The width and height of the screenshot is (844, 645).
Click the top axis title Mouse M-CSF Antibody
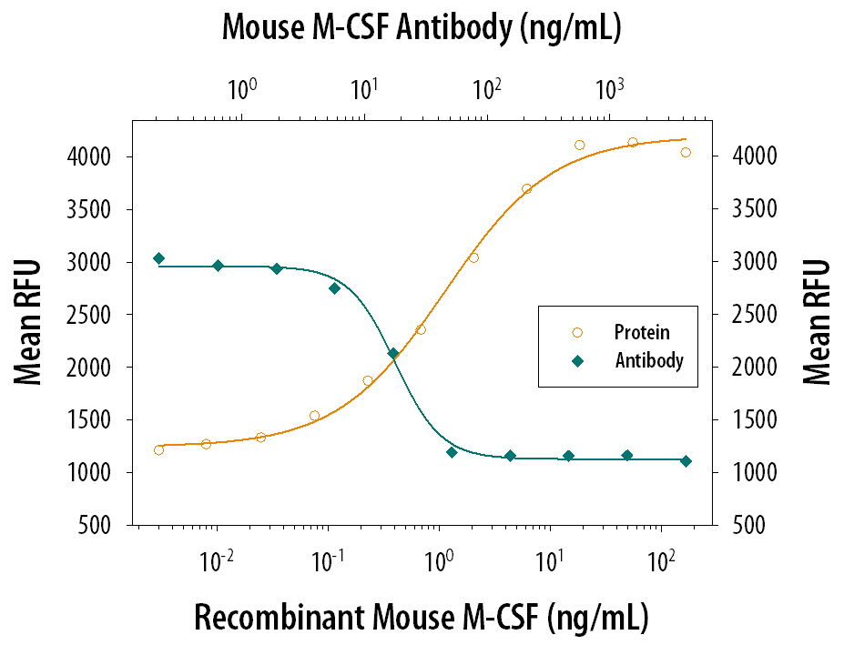point(421,30)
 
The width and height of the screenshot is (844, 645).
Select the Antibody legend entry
point(648,360)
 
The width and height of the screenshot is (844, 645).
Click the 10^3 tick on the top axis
point(609,89)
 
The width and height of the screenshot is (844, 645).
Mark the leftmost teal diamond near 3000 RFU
point(158,258)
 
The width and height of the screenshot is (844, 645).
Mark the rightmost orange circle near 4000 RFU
point(686,152)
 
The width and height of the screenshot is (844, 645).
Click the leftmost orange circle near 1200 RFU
point(158,449)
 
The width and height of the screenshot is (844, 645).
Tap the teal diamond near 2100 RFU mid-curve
point(393,353)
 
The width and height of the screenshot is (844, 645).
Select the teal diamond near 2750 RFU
point(334,288)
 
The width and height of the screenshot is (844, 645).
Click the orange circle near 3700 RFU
point(526,188)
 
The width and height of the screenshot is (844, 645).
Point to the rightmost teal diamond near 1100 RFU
point(686,461)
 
